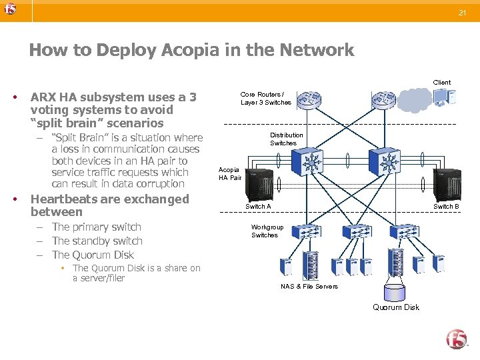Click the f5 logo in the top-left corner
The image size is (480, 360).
click(x=9, y=9)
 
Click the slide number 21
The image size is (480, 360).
click(x=461, y=13)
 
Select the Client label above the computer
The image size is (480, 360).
click(x=442, y=83)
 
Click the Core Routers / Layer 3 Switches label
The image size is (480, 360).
click(x=265, y=99)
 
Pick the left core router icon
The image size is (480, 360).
click(x=309, y=101)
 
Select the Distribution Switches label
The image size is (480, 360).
click(x=286, y=139)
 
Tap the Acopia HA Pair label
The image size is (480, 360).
click(x=230, y=174)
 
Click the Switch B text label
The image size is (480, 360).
click(x=446, y=207)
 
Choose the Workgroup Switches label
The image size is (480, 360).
click(x=267, y=231)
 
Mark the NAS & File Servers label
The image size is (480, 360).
click(x=309, y=287)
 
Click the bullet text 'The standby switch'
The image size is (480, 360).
click(x=97, y=241)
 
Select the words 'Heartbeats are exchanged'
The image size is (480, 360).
click(x=110, y=199)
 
